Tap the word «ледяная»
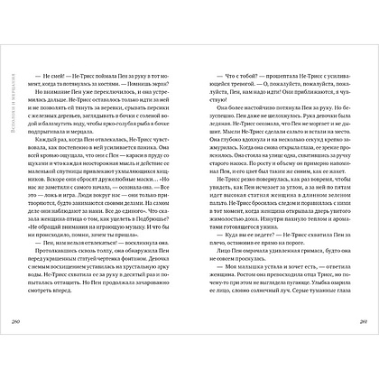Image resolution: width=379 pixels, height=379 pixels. point(225,126)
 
